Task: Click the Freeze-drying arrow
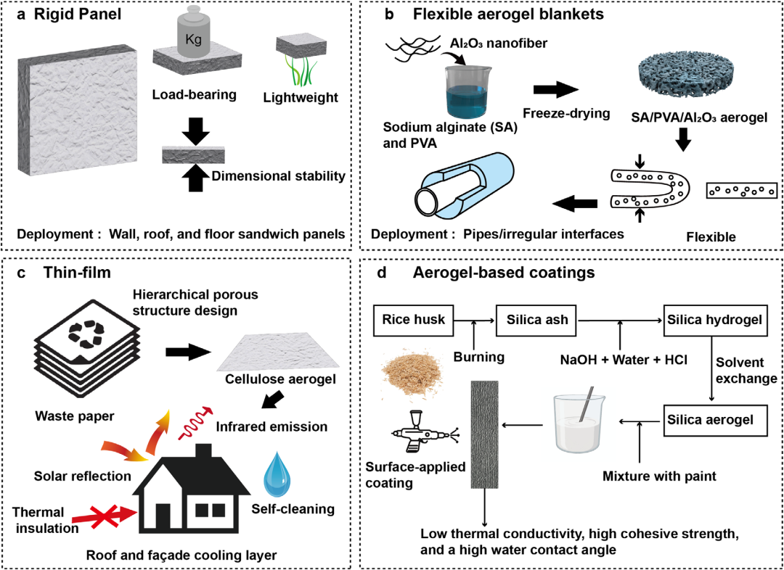(x=555, y=91)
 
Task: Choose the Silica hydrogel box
(x=715, y=320)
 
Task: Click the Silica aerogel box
(x=715, y=420)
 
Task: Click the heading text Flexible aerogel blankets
(x=508, y=15)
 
